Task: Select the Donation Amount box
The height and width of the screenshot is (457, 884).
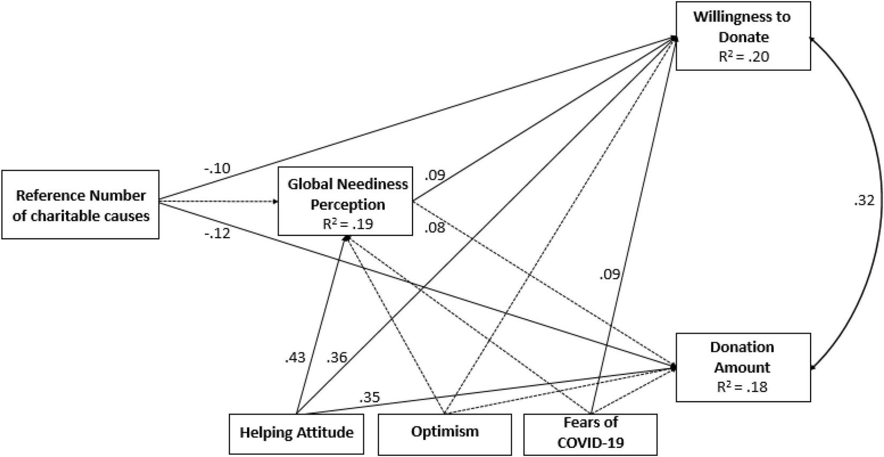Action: pos(743,367)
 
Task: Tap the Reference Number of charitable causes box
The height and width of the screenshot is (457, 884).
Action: pos(80,204)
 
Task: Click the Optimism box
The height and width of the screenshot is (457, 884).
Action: pos(445,432)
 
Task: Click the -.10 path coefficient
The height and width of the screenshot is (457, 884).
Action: pos(216,168)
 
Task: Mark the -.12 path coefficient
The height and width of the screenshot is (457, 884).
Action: pos(217,234)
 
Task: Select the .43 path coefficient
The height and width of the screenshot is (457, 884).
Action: pos(295,357)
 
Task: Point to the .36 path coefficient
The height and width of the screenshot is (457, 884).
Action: pos(336,357)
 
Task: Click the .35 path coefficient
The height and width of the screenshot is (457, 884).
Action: pos(369,398)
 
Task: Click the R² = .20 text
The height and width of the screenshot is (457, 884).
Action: pos(743,56)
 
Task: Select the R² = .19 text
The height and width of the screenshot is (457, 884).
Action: pos(347,223)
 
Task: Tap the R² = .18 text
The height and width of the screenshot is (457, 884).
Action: pos(742,386)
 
